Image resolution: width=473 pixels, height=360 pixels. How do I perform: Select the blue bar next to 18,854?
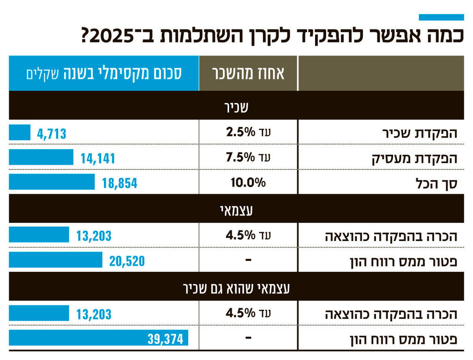click(x=51, y=182)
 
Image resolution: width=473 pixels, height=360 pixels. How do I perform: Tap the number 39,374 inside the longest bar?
click(x=165, y=339)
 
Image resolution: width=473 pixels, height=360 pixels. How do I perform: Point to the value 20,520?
click(x=127, y=261)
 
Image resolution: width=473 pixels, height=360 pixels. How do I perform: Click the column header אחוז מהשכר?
click(x=249, y=73)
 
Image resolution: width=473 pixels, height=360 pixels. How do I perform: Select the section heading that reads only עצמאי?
click(x=236, y=210)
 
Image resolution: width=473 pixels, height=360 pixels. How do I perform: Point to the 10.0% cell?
click(x=249, y=182)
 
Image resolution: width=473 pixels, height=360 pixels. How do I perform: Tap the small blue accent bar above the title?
click(x=441, y=18)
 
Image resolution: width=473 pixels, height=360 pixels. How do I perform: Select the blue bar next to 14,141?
click(x=41, y=158)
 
